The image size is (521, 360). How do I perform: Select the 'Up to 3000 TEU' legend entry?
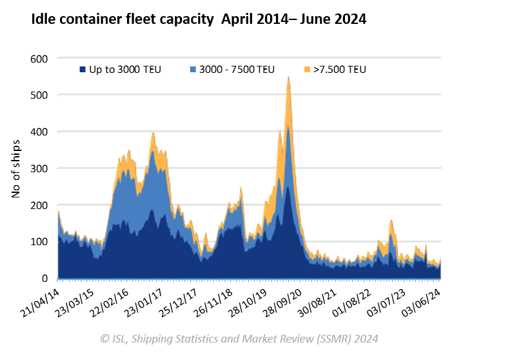120,69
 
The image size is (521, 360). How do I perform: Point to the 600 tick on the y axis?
39,59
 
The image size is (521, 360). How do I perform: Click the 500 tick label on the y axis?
39,95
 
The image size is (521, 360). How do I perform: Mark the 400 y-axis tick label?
39,132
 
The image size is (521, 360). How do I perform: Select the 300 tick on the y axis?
39,168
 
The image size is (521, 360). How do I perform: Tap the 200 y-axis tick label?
39,205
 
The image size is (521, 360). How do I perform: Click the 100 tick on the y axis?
39,242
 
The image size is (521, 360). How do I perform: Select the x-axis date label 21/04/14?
40,301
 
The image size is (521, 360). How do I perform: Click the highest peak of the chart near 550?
288,77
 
